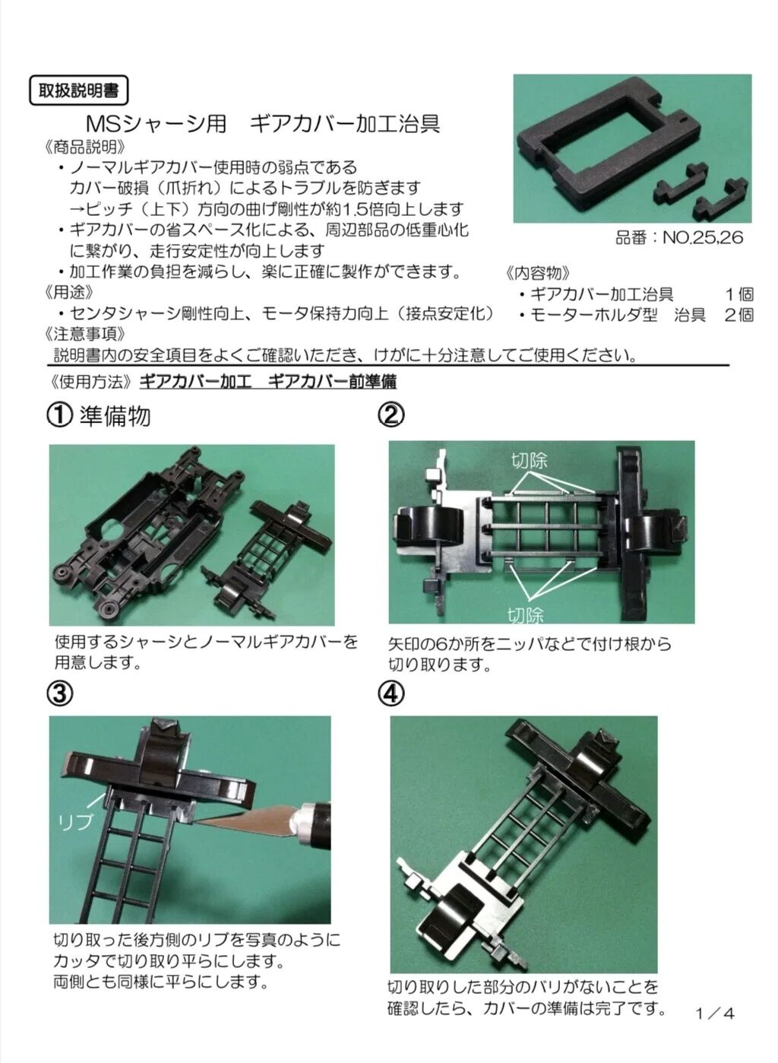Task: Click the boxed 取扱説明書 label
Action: pyautogui.click(x=79, y=90)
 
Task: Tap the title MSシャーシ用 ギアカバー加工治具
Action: pyautogui.click(x=263, y=125)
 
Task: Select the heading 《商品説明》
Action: pyautogui.click(x=85, y=147)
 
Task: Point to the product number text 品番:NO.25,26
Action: pyautogui.click(x=679, y=237)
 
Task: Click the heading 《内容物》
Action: pyautogui.click(x=538, y=273)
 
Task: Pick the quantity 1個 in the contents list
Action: pyautogui.click(x=739, y=294)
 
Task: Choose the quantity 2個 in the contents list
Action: pyautogui.click(x=739, y=315)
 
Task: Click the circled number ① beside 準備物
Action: pyautogui.click(x=60, y=415)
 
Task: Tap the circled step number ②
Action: pyautogui.click(x=391, y=415)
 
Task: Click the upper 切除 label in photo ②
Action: pyautogui.click(x=530, y=460)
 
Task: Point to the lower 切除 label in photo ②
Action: pyautogui.click(x=526, y=615)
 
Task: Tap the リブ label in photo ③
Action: pyautogui.click(x=75, y=822)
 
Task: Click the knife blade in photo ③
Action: pyautogui.click(x=242, y=823)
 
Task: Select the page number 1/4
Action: pyautogui.click(x=715, y=1014)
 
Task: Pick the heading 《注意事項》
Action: pyautogui.click(x=85, y=334)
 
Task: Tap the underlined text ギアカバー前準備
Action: pyautogui.click(x=332, y=382)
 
